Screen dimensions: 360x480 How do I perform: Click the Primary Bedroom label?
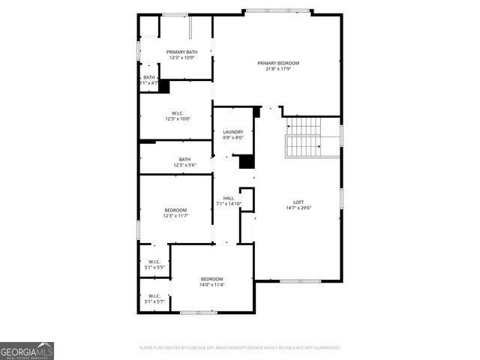(278, 63)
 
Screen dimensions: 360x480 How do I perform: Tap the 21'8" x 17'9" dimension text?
(278, 69)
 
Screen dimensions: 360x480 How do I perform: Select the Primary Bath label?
(181, 52)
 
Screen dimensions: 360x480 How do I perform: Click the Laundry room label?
(233, 132)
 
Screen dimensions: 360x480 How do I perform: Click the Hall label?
(229, 198)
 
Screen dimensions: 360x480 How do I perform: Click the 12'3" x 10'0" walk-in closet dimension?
(178, 118)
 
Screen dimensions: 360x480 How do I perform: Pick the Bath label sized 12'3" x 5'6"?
(184, 159)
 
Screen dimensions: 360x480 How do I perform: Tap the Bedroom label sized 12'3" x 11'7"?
(176, 210)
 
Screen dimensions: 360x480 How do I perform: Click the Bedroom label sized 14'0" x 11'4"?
(212, 279)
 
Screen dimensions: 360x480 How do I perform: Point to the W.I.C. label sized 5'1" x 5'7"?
(155, 295)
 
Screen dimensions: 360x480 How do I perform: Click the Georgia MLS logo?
(27, 350)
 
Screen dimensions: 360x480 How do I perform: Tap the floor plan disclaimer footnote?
(240, 347)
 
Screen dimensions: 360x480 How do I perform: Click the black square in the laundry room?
(246, 161)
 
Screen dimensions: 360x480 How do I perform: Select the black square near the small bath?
(164, 86)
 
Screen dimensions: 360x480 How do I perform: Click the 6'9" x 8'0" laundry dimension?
(233, 138)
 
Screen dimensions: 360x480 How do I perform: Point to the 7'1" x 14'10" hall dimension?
(229, 204)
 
